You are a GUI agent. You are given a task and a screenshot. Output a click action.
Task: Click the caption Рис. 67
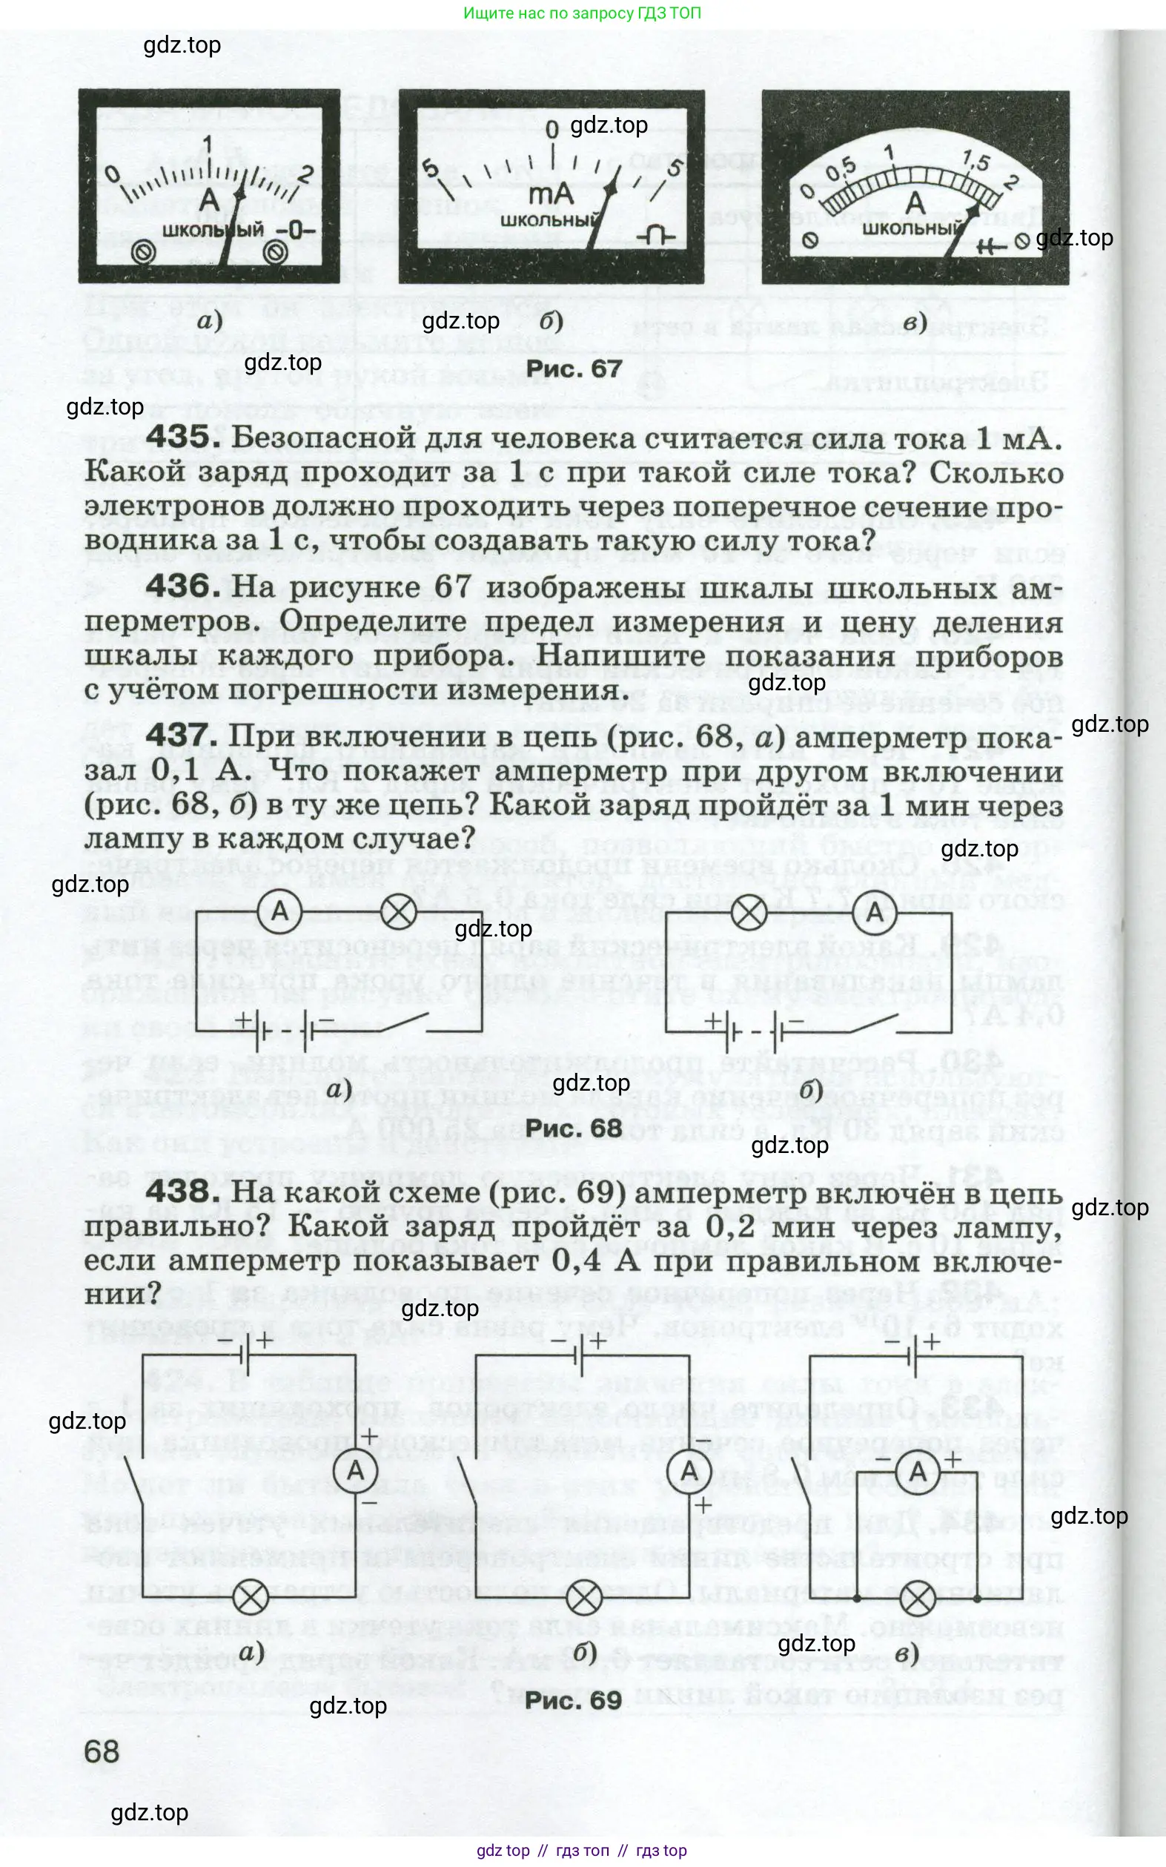574,369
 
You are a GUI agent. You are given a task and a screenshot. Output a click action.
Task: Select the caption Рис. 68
574,1128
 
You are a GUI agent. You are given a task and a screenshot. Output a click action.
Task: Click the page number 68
102,1752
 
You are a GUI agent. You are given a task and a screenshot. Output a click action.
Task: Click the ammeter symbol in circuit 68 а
279,912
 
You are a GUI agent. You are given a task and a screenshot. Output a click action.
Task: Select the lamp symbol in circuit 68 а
400,912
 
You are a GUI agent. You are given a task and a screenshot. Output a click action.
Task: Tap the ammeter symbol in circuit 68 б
875,913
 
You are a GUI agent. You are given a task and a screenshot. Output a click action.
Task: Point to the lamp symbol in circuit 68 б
749,913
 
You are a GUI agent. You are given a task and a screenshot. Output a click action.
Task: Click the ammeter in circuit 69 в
918,1470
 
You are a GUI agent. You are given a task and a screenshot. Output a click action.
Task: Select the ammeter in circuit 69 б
689,1470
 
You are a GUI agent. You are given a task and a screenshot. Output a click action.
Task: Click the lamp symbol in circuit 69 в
917,1599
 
